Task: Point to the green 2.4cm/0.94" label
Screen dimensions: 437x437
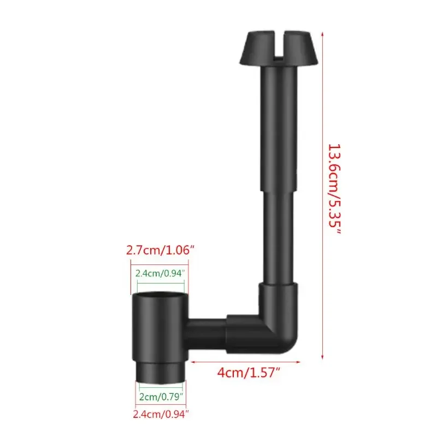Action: click(159, 273)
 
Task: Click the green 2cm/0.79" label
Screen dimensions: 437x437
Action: click(160, 395)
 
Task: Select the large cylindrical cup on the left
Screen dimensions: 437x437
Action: click(158, 328)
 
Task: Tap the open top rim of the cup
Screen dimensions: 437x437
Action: click(159, 296)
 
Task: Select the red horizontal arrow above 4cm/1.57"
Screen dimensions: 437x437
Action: click(246, 361)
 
